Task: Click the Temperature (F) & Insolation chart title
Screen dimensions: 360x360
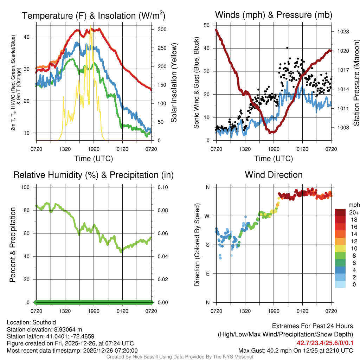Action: point(94,15)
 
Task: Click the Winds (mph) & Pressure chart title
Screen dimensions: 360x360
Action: point(274,15)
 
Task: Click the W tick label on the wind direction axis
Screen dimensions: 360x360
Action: point(207,216)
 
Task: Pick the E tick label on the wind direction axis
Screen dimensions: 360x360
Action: point(208,274)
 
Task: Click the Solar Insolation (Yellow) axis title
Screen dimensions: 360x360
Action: point(174,83)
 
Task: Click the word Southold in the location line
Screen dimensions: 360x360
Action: point(44,322)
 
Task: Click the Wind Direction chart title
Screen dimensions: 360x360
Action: point(274,175)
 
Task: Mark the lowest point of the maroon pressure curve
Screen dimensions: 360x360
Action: point(271,133)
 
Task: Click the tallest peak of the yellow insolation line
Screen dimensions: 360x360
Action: point(91,27)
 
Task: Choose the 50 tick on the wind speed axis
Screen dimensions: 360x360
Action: point(207,25)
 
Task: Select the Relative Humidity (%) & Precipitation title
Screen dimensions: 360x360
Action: point(94,175)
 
